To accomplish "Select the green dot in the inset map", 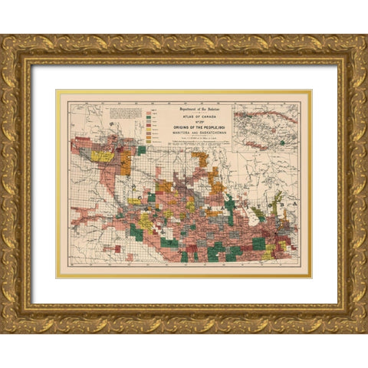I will pyautogui.click(x=283, y=142).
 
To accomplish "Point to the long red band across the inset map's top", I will pyautogui.click(x=264, y=119).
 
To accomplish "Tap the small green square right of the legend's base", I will pyautogui.click(x=142, y=150).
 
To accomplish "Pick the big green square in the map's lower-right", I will pyautogui.click(x=258, y=244).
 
